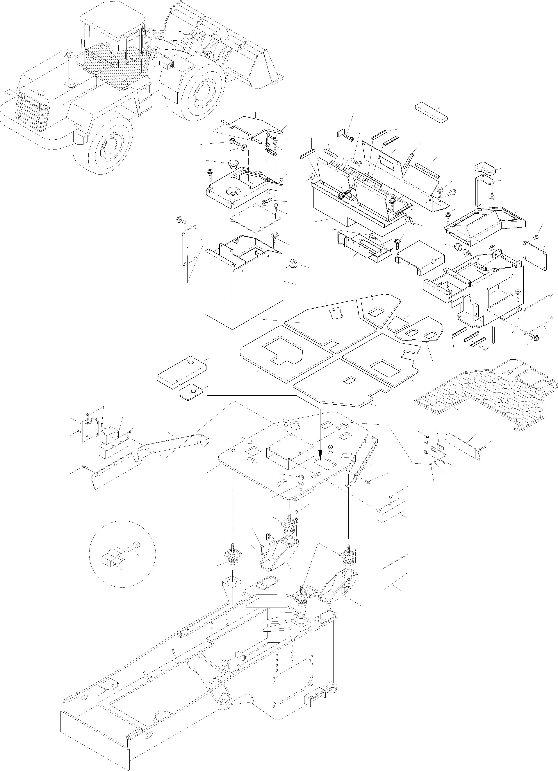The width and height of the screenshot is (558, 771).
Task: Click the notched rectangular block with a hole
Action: [181, 371]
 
